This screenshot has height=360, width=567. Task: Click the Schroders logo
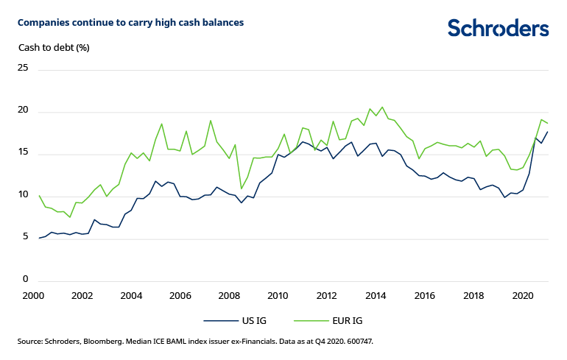(498, 28)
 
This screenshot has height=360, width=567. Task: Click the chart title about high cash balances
(130, 23)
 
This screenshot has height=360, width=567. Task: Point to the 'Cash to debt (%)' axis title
(53, 48)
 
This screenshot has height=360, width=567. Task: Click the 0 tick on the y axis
(24, 280)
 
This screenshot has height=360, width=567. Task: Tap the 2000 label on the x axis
(33, 296)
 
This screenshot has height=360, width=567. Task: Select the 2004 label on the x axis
(131, 296)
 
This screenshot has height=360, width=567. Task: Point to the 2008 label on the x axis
(229, 296)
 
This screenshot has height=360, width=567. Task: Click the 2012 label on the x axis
(327, 296)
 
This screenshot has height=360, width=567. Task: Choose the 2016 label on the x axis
(425, 296)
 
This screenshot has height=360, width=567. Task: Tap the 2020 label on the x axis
(523, 296)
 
